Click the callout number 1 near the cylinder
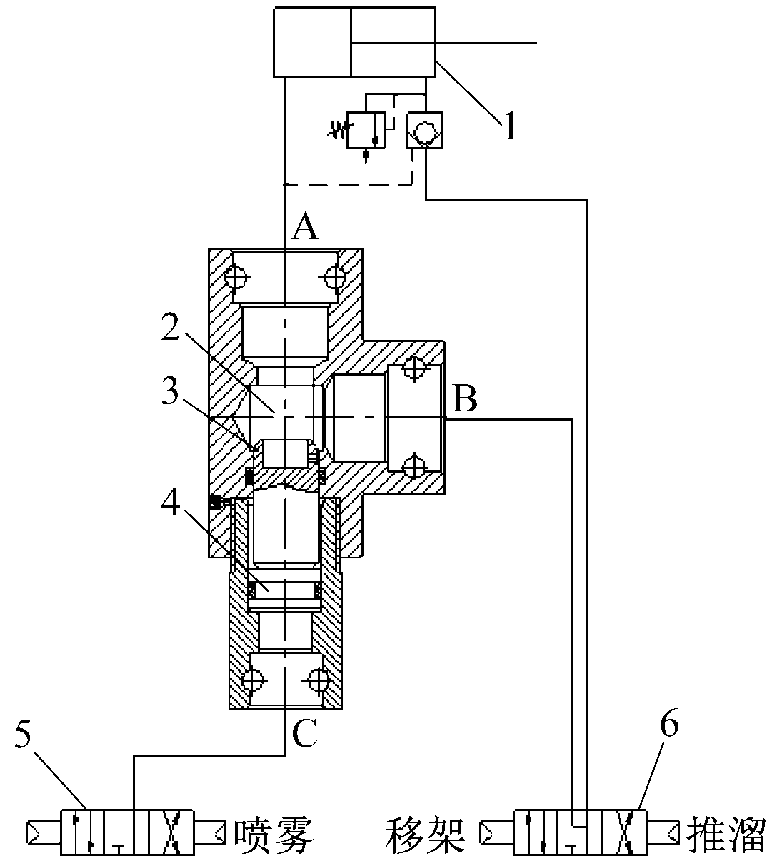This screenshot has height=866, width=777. click(x=510, y=125)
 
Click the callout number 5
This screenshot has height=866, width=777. click(x=23, y=733)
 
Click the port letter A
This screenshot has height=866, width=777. click(x=306, y=226)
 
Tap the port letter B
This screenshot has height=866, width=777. click(x=465, y=398)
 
